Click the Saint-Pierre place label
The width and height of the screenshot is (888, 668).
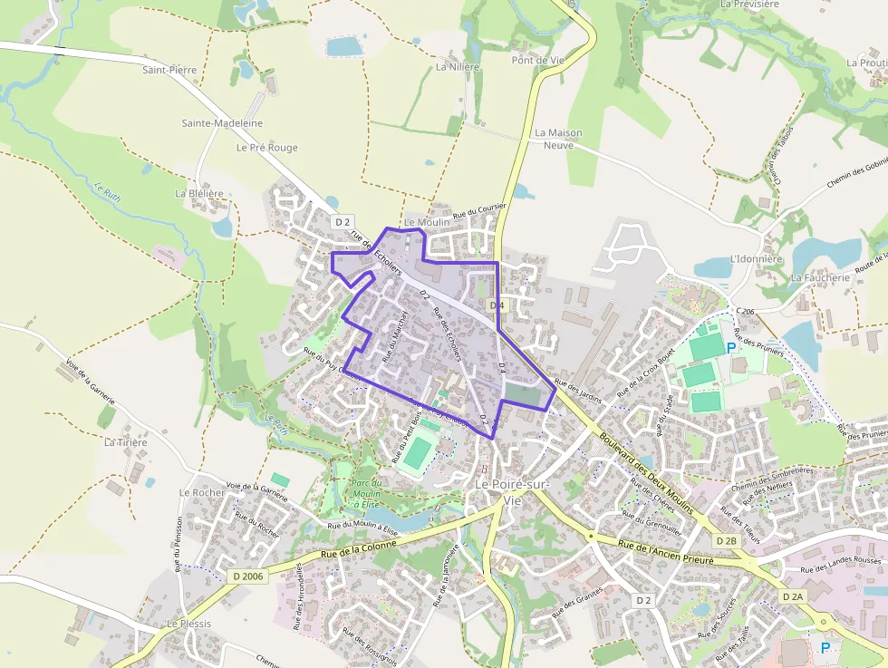point(169,69)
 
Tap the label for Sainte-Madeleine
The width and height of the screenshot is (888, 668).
point(222,123)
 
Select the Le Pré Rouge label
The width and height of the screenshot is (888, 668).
point(266,148)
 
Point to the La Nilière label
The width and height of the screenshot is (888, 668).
point(458,67)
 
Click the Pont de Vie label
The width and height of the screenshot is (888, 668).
point(538,61)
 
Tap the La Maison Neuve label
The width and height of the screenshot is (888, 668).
point(558,139)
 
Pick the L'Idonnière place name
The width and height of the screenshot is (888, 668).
point(755,258)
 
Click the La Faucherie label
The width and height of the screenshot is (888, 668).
point(820,278)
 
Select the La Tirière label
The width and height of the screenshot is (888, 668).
point(124,442)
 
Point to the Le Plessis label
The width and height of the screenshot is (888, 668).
point(188,624)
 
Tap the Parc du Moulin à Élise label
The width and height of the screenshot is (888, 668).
point(367,492)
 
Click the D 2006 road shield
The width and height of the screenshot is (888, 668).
point(247,576)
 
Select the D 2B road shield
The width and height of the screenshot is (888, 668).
point(726,540)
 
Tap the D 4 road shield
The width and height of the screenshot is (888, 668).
point(496,305)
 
